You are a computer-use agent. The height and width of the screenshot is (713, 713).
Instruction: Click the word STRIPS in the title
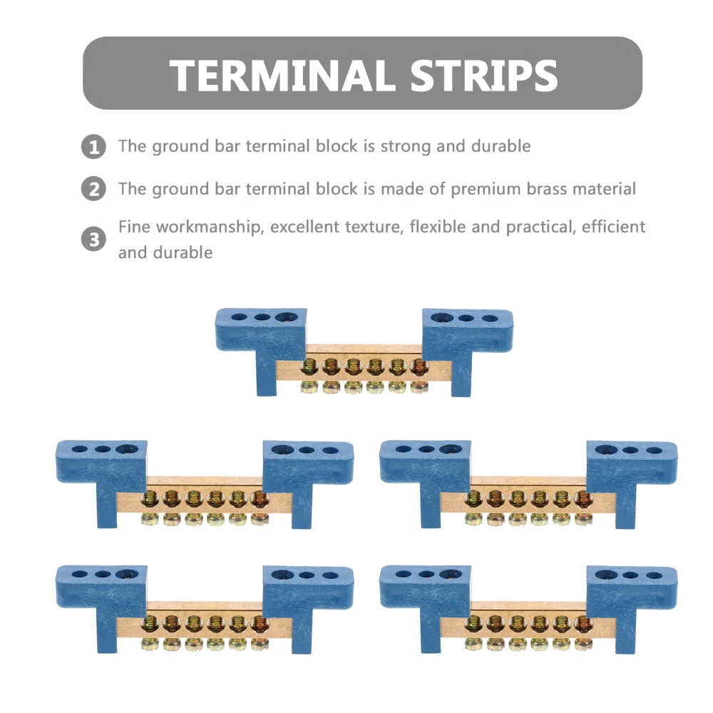tap(477, 74)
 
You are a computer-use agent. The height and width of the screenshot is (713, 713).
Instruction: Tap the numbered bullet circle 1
tap(93, 147)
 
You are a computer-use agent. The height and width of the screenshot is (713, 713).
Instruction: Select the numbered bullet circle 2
tap(93, 190)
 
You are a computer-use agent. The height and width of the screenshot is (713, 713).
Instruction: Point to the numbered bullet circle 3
tap(93, 239)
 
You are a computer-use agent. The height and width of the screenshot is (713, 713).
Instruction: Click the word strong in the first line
tap(404, 147)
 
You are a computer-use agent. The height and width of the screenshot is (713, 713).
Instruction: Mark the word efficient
tap(614, 227)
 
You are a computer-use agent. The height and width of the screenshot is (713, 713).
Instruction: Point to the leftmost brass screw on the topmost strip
tap(310, 368)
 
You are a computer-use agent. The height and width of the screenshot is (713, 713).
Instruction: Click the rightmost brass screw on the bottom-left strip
tap(259, 625)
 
